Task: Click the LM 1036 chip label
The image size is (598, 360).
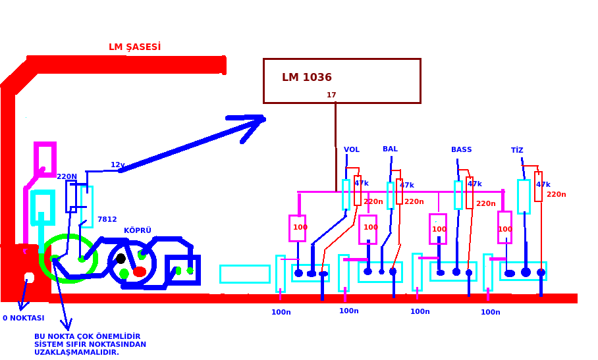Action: pos(307,78)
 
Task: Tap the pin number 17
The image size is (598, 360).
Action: pos(331,95)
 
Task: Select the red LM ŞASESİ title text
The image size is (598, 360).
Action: pos(134,47)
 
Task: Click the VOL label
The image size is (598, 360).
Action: pos(352,150)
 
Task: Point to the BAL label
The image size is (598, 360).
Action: pos(390,149)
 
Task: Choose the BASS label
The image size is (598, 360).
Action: pos(461,150)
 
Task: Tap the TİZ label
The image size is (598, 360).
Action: pos(517,151)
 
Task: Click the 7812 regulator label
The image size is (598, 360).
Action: pos(107,220)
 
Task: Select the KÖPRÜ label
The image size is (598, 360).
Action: pos(138,231)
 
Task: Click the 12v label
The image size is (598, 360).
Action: pos(117,165)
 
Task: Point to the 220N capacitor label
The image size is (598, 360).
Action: pos(67,177)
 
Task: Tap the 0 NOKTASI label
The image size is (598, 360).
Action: pos(24,319)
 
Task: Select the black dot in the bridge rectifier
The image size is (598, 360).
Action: pos(121,259)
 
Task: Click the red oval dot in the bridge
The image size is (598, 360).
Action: pos(140,272)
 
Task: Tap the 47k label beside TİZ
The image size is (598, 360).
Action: pos(543,185)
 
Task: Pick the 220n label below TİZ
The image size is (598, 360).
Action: pos(556,195)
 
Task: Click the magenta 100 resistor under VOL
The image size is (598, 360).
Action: pos(298,228)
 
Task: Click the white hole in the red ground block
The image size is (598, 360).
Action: pos(29,277)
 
